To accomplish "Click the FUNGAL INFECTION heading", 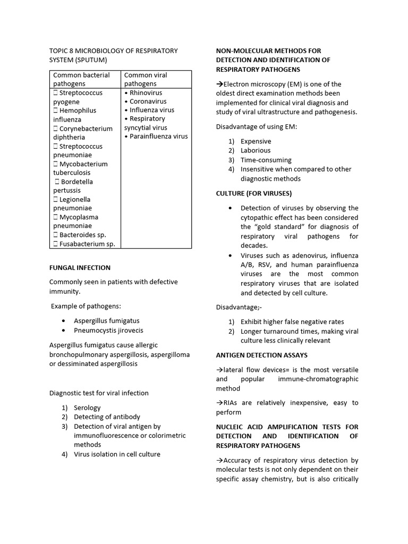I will coord(80,268).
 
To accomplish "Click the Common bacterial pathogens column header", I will coord(81,79).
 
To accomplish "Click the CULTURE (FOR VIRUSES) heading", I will coord(253,193).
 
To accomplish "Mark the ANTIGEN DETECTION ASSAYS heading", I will coord(261,355).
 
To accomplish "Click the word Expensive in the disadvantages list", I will coord(256,141).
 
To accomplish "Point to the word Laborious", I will coord(256,150).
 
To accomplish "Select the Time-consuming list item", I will coord(266,160).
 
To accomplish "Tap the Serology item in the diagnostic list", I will coord(87,408).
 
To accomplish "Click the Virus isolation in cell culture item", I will coord(117,454).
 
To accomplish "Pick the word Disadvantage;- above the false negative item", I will coord(239,308).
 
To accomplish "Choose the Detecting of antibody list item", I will coord(107,417).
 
